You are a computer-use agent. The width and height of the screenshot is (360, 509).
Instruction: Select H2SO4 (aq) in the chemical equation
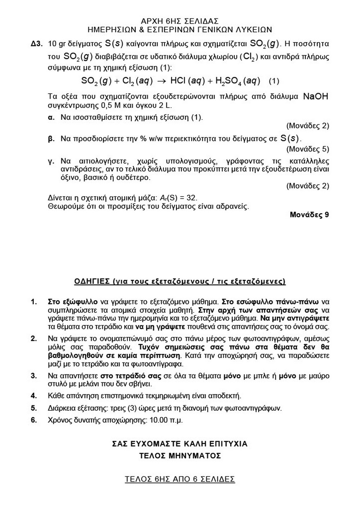tap(238, 81)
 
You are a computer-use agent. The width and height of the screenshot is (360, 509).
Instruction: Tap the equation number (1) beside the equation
tap(274, 81)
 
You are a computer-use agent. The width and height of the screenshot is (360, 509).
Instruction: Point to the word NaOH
tap(316, 96)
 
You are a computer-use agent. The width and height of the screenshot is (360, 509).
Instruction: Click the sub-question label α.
tap(51, 117)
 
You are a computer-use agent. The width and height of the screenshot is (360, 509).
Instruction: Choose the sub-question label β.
tap(51, 139)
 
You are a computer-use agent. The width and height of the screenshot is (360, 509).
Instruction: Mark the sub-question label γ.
tap(51, 161)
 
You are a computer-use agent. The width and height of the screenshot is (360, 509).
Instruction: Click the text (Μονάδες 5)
tap(308, 149)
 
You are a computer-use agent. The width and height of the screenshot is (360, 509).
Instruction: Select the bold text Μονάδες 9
tap(309, 215)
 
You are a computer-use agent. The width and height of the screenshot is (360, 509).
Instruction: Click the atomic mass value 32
tap(192, 198)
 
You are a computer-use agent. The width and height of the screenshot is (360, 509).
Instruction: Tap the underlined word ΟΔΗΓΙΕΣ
tap(92, 281)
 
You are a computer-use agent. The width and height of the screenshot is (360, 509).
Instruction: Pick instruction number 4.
tap(34, 396)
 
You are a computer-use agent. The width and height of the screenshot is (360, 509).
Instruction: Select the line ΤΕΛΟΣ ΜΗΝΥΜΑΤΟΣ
tap(180, 456)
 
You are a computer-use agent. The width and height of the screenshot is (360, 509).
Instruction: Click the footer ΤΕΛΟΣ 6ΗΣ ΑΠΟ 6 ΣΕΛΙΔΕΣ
tap(180, 479)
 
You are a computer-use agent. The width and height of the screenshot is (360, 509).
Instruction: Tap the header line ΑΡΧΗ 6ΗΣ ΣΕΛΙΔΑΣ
tap(180, 21)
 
